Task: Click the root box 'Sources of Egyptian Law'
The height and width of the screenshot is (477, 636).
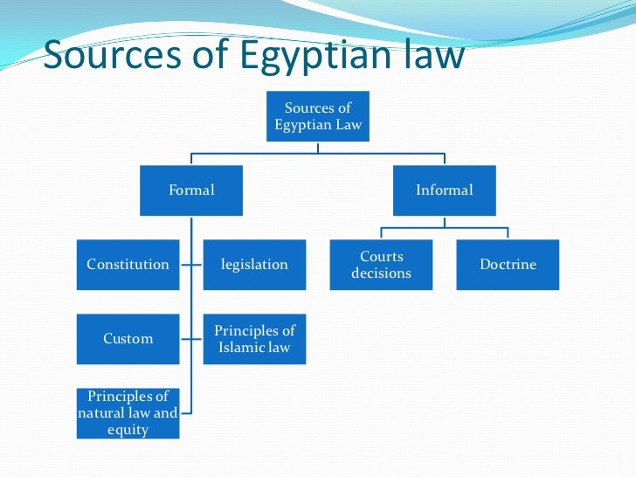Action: click(x=318, y=116)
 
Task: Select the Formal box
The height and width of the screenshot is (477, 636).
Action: click(x=191, y=190)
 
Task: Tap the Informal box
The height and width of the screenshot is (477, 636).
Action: click(x=445, y=190)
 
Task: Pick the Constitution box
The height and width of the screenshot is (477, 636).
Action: click(x=128, y=264)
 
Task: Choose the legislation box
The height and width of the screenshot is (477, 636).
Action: click(x=254, y=264)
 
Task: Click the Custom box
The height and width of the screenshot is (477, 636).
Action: click(x=128, y=338)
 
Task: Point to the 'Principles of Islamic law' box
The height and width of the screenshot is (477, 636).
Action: click(x=254, y=339)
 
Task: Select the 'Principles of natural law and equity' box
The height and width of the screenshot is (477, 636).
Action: click(x=128, y=413)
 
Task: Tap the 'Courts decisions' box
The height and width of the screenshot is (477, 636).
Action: click(x=381, y=264)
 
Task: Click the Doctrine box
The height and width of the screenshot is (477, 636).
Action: click(x=508, y=264)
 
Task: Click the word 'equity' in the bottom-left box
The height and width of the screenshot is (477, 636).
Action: click(x=128, y=430)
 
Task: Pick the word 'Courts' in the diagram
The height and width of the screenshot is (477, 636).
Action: click(x=382, y=256)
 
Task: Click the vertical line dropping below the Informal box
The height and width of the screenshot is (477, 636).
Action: click(x=445, y=222)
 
